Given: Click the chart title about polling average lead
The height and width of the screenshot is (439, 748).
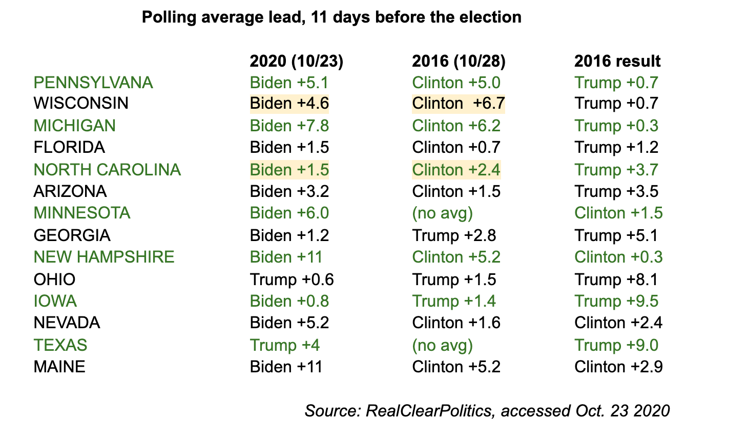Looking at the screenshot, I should tap(331, 17).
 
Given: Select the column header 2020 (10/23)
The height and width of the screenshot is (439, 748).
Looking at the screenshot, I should tap(296, 61).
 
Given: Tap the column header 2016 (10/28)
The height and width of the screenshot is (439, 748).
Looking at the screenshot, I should tap(459, 61).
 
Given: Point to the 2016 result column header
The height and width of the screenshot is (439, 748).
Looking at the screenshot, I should tap(617, 61).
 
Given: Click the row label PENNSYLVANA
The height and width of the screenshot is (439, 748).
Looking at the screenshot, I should tap(93, 83).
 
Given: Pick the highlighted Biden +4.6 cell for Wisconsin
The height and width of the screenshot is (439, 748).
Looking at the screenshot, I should tap(289, 104).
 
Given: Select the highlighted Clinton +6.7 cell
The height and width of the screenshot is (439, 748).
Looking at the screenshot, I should tap(458, 104).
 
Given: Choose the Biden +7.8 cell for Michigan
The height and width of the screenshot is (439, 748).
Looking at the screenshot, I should tap(289, 126).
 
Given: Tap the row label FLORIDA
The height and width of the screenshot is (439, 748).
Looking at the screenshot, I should tap(69, 148).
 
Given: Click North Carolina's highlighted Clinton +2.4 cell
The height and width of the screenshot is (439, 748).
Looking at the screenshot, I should tap(456, 170).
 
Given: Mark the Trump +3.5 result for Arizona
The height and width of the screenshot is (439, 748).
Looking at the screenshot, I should tap(616, 191).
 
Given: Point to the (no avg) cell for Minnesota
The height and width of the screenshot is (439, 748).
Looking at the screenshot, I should tap(442, 213).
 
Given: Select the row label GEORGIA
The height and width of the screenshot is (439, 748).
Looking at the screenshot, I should tap(72, 235).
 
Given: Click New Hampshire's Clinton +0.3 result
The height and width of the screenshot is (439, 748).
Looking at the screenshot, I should tap(618, 257).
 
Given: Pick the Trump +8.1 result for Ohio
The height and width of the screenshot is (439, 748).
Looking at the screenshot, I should tap(616, 280).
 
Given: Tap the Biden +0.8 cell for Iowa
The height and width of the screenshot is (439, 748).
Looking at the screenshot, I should tap(289, 301).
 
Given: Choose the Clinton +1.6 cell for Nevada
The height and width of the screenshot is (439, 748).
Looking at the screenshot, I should tap(456, 323).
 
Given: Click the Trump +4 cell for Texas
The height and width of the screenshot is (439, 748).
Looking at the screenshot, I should tap(285, 345).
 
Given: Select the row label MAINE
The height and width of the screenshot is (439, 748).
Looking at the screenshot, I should tap(59, 367).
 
